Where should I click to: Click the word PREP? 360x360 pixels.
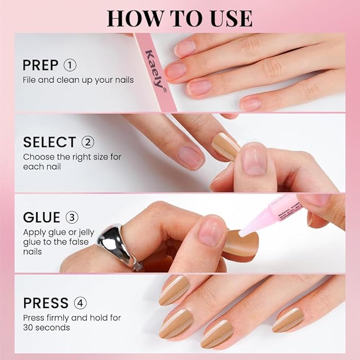coord(41,65)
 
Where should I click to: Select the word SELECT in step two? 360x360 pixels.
coord(49,142)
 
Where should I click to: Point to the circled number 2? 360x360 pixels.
coord(87,142)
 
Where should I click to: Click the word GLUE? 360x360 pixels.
coord(41,218)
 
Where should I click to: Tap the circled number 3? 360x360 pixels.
coord(72,218)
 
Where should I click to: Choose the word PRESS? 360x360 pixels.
coord(46,303)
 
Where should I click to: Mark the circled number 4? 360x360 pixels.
coord(81,303)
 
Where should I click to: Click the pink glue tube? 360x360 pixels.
coord(281,212)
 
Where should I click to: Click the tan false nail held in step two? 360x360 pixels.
coord(225,146)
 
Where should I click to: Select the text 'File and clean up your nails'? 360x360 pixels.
coord(78,80)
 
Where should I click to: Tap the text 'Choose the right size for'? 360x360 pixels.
coord(72,157)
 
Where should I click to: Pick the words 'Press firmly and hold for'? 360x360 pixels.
coord(72,318)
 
